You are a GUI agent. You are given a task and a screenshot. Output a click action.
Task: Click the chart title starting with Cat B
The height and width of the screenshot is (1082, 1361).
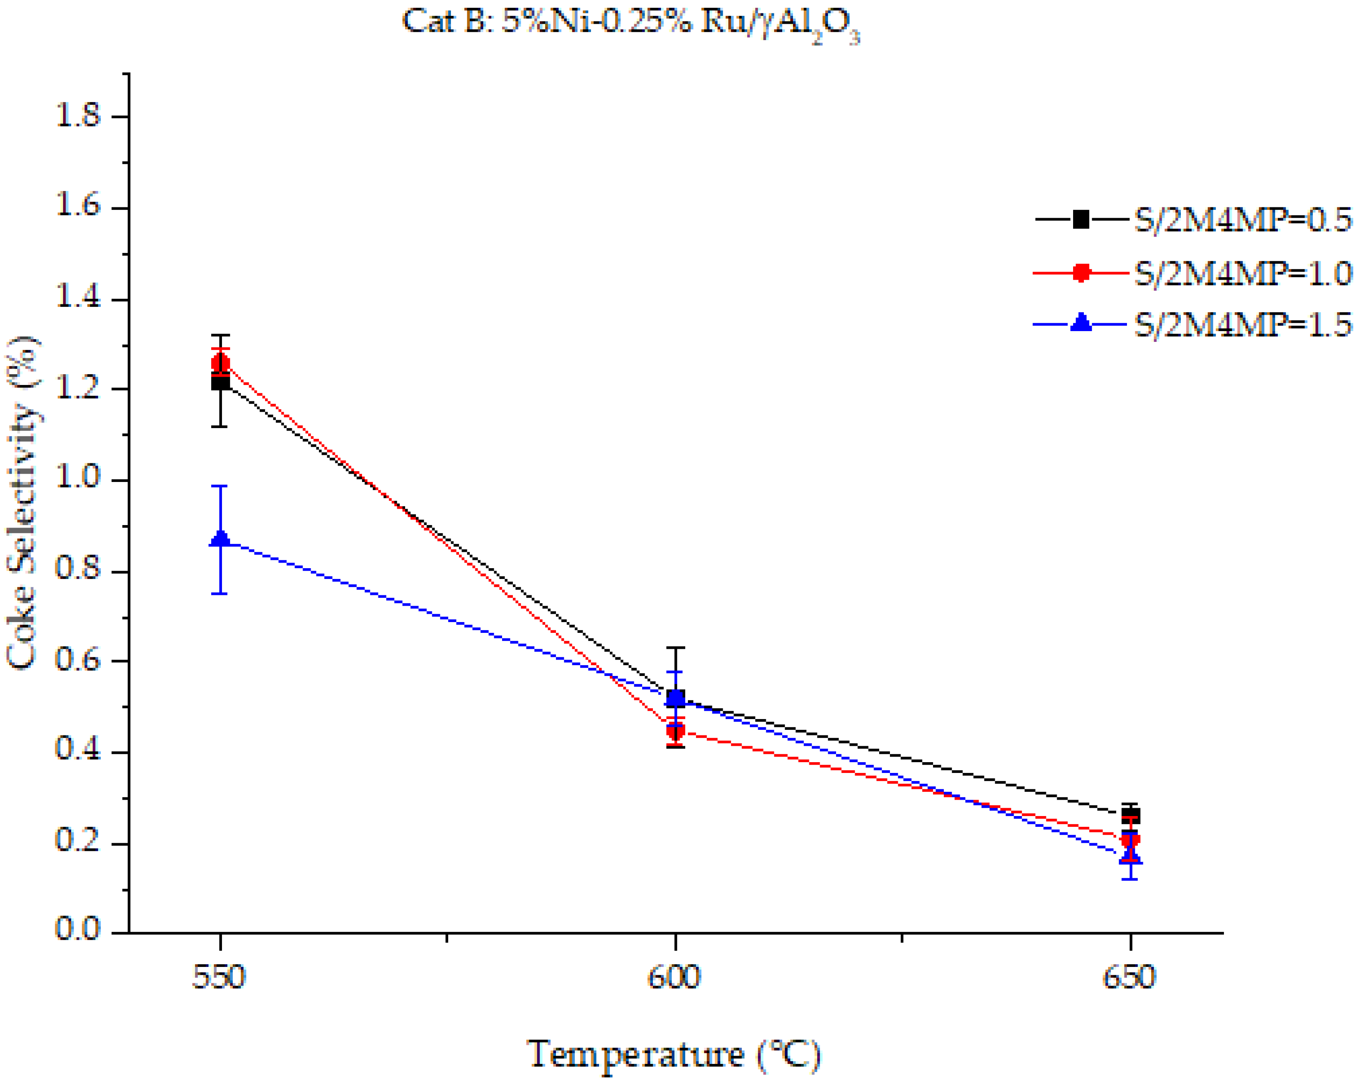(x=630, y=24)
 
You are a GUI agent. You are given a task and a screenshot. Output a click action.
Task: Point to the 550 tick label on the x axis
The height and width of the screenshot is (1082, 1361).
(x=219, y=977)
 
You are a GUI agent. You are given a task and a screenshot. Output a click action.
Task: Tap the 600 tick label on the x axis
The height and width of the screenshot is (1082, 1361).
(x=674, y=977)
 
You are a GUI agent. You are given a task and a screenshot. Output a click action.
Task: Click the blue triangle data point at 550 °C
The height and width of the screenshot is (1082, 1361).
(x=220, y=538)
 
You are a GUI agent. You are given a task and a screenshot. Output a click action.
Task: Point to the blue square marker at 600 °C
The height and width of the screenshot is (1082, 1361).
(x=675, y=697)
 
